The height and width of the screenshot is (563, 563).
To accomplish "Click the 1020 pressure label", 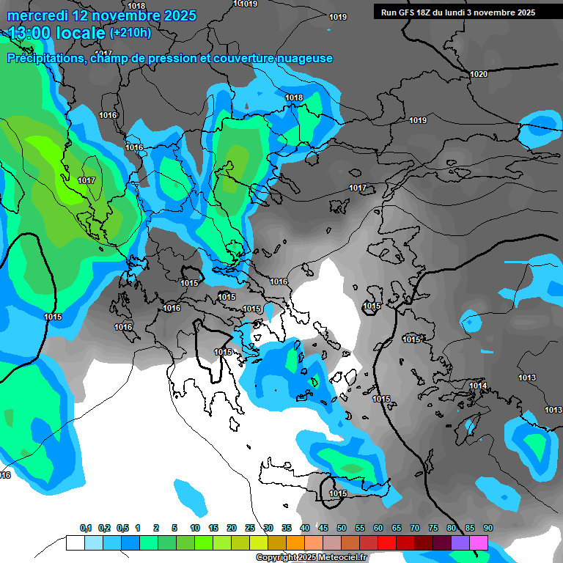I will tap(479, 74).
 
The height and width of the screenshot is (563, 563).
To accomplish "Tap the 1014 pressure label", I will tap(478, 386).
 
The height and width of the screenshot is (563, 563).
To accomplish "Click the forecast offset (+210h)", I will tap(130, 33).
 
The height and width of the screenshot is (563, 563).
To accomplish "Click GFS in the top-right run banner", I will tap(409, 12).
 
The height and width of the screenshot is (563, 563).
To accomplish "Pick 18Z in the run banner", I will tap(430, 12).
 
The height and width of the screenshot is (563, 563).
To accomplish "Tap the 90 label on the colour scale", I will tap(487, 528).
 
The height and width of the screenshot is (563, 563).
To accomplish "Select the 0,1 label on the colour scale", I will tap(86, 528).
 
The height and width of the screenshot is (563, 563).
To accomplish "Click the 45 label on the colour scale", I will tap(323, 528).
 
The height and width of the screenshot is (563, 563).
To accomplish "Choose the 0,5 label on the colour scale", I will tap(122, 528).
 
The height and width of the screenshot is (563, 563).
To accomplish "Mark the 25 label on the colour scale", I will tap(250, 528).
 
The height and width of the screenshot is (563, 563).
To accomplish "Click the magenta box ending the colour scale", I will tap(479, 542).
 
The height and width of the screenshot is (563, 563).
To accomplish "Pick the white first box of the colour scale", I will tap(75, 542).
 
